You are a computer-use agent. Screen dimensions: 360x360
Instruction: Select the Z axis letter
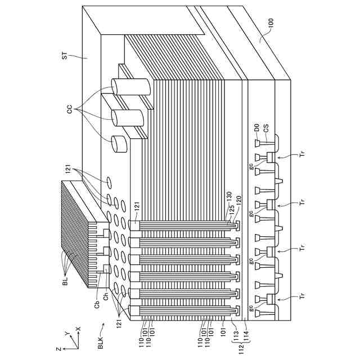[60, 349]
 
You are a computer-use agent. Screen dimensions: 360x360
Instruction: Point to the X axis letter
[78, 328]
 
